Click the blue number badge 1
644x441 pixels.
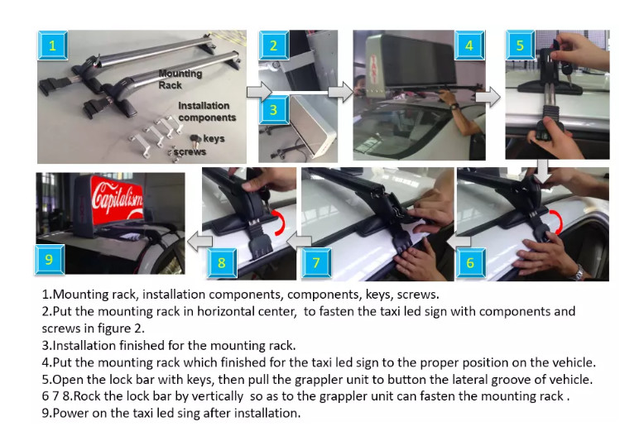tap(53, 46)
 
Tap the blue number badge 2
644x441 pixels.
tap(273, 46)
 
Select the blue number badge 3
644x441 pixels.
tap(273, 109)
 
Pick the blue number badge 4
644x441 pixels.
tap(469, 46)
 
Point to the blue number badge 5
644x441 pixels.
tap(521, 46)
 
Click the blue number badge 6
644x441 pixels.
tap(471, 263)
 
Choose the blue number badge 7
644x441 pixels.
tap(316, 263)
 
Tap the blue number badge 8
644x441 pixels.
tap(222, 263)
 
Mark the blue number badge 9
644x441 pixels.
tap(50, 260)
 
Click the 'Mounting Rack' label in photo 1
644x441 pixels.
tap(180, 79)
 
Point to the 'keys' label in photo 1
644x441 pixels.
tap(214, 138)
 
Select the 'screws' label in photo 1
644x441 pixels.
tap(190, 152)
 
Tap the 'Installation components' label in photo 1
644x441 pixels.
tap(207, 112)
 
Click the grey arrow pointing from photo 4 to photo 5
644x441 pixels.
tap(488, 97)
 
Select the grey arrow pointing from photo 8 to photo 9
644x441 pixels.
tap(199, 241)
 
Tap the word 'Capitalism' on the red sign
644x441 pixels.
tap(118, 199)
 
